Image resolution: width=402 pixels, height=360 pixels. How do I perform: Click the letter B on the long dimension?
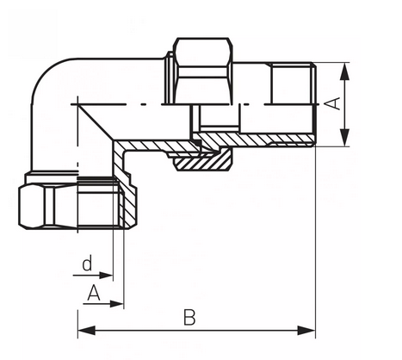189,317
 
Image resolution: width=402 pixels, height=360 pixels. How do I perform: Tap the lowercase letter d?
87,264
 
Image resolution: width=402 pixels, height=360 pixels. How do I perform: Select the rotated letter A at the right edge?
334,103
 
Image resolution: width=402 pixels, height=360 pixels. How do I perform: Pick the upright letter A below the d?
94,293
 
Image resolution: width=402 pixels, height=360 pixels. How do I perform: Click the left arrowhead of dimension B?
86,331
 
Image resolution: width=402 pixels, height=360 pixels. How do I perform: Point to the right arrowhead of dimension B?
306,331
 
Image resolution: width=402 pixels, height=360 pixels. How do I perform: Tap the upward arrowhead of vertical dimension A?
345,71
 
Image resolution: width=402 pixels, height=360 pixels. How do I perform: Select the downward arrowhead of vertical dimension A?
345,138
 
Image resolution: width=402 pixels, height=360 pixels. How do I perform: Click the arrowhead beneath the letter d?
106,276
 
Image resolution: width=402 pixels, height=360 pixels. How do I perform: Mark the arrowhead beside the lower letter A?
117,304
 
